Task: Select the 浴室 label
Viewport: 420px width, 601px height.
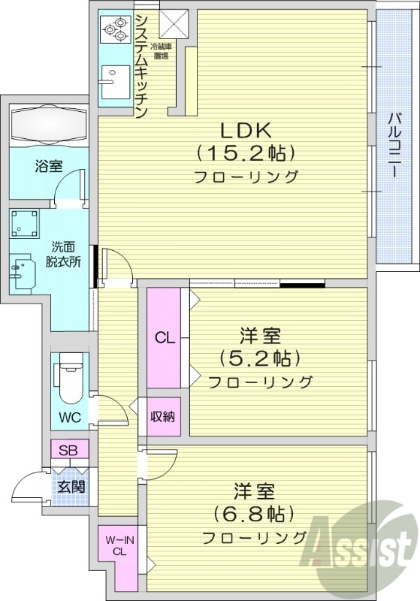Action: pos(48,166)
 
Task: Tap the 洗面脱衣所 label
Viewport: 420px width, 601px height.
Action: pos(65,253)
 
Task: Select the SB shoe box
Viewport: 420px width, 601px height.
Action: pos(68,451)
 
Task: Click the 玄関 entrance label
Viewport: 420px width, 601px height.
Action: pos(71,485)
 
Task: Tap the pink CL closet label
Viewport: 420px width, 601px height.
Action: pos(165,337)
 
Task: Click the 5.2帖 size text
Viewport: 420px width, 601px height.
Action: pos(259,357)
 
